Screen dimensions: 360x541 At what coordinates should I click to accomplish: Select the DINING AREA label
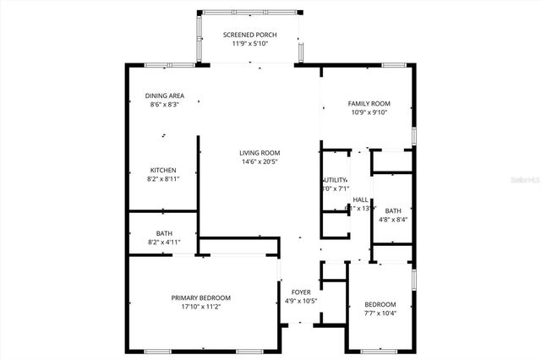pyautogui.click(x=164, y=95)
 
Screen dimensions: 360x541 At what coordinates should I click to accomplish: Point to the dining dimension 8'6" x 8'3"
pyautogui.click(x=164, y=104)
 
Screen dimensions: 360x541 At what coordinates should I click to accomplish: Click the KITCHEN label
pyautogui.click(x=163, y=170)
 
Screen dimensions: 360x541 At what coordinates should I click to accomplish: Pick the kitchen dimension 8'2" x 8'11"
pyautogui.click(x=163, y=178)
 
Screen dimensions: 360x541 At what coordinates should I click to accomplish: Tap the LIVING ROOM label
pyautogui.click(x=260, y=153)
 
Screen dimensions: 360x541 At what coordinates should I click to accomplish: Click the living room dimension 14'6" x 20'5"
pyautogui.click(x=260, y=161)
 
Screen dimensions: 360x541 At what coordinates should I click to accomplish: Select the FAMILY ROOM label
pyautogui.click(x=368, y=103)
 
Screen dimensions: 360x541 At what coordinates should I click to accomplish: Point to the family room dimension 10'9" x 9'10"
pyautogui.click(x=368, y=112)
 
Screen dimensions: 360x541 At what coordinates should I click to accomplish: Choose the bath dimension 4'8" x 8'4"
pyautogui.click(x=393, y=220)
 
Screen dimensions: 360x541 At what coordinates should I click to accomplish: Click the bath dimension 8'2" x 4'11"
pyautogui.click(x=164, y=243)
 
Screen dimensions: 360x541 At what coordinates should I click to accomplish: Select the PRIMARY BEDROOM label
pyautogui.click(x=200, y=297)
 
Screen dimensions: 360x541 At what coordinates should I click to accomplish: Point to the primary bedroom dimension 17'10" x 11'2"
pyautogui.click(x=200, y=306)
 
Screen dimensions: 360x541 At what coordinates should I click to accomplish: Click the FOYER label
pyautogui.click(x=300, y=292)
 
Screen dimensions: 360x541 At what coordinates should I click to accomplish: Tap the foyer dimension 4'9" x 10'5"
pyautogui.click(x=300, y=301)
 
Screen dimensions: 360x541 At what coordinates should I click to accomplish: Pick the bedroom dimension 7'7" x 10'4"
pyautogui.click(x=380, y=313)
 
